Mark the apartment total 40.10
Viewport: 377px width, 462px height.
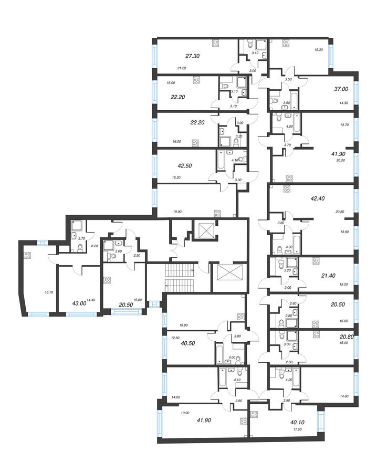click(x=298, y=420)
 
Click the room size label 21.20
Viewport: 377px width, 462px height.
click(x=182, y=68)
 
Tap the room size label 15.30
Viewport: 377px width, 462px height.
click(x=318, y=50)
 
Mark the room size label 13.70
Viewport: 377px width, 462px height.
click(x=344, y=125)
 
